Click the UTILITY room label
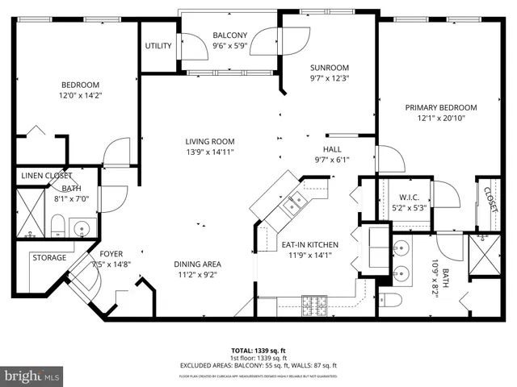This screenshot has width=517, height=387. coord(158,46)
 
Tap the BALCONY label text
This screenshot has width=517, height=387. coord(229,35)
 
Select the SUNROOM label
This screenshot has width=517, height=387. coord(329,68)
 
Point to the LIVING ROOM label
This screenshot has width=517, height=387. coord(209,141)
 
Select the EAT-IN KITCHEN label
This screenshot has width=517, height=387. coord(309,245)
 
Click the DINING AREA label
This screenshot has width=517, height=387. coord(197,264)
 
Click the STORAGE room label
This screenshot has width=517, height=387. coord(48,258)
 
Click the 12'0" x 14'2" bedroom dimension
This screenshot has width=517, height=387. coord(80,95)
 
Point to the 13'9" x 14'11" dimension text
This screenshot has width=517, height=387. coord(209,152)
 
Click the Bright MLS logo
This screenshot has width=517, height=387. coord(32,375)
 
